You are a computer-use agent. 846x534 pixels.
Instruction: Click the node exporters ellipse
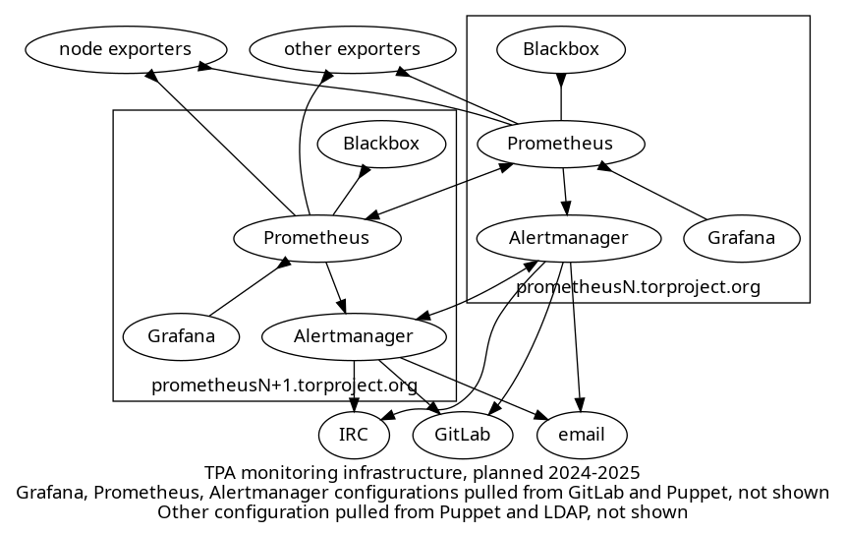pyautogui.click(x=126, y=48)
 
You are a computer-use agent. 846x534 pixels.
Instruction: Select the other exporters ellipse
pyautogui.click(x=352, y=48)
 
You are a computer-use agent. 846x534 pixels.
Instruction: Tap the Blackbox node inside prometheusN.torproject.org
pyautogui.click(x=560, y=48)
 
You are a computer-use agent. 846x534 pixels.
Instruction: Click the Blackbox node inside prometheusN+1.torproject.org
pyautogui.click(x=381, y=144)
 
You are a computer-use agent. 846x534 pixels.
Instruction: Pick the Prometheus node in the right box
pyautogui.click(x=560, y=144)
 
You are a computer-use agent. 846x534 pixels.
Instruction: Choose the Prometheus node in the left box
pyautogui.click(x=316, y=238)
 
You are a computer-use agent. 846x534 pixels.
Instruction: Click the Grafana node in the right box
pyautogui.click(x=741, y=238)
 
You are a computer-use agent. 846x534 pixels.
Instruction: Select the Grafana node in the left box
pyautogui.click(x=182, y=336)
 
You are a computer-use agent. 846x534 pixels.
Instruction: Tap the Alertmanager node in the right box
pyautogui.click(x=568, y=238)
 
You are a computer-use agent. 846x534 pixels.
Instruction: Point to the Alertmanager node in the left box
pyautogui.click(x=354, y=336)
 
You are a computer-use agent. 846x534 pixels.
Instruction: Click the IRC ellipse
pyautogui.click(x=353, y=434)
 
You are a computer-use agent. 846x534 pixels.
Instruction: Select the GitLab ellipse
pyautogui.click(x=462, y=434)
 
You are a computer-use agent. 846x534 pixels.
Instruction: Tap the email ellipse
pyautogui.click(x=581, y=434)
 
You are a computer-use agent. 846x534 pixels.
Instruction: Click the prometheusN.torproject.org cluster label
pyautogui.click(x=638, y=287)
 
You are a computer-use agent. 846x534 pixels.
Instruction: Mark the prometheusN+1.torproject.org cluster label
pyautogui.click(x=284, y=385)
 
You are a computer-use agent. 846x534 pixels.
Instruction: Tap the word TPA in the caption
pyautogui.click(x=222, y=473)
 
